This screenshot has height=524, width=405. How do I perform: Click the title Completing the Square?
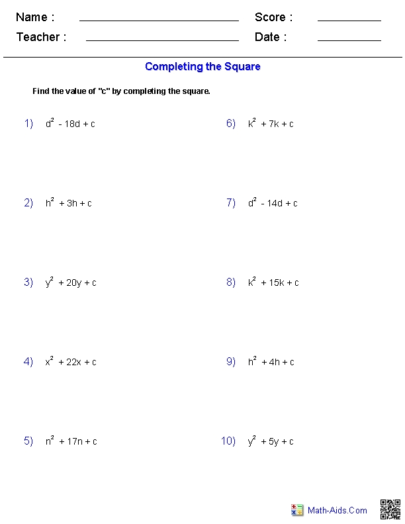click(202, 66)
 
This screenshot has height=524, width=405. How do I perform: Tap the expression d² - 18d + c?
click(70, 124)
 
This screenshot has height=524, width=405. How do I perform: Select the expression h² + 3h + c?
click(69, 203)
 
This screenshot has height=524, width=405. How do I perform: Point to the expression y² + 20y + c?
click(71, 283)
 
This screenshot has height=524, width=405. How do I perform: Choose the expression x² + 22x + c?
click(71, 362)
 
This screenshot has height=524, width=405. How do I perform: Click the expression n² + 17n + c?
click(71, 441)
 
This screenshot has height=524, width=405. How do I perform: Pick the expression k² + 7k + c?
click(271, 124)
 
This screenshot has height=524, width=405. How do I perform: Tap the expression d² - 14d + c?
click(273, 203)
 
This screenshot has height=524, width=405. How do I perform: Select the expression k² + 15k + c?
click(273, 283)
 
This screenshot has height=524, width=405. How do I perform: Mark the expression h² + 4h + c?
click(271, 362)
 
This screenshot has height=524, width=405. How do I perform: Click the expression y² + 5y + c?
click(271, 441)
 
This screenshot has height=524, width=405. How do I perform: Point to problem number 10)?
click(228, 441)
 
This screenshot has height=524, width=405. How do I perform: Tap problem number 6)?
click(231, 124)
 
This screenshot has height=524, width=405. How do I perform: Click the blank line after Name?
click(159, 21)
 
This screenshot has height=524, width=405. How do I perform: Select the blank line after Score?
click(349, 21)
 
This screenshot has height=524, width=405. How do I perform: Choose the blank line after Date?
click(349, 40)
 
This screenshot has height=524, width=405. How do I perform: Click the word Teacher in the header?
click(38, 37)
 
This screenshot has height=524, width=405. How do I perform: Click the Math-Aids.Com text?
click(337, 510)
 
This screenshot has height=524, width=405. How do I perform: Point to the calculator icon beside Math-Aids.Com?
click(297, 510)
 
